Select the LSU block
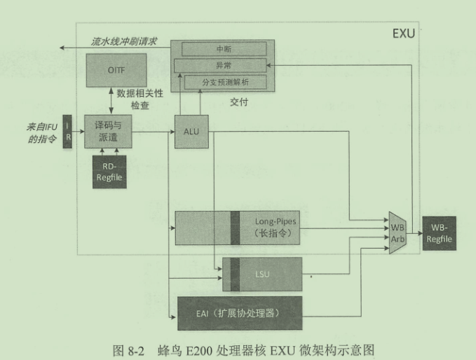[262, 272]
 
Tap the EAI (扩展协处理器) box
[239, 313]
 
